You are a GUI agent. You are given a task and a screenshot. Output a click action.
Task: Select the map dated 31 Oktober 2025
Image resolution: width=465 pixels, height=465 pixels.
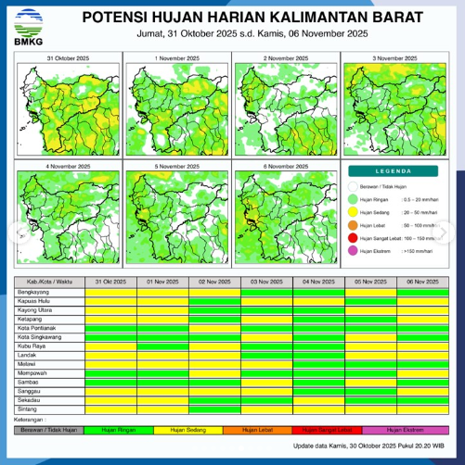point(65,109)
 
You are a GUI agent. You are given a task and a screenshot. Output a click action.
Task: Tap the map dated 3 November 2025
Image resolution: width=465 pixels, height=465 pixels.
point(395,109)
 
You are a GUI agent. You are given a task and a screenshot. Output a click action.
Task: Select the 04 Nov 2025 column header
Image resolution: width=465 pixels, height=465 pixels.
point(318,282)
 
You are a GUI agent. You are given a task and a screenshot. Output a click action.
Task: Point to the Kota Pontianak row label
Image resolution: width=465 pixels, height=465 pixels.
point(37,328)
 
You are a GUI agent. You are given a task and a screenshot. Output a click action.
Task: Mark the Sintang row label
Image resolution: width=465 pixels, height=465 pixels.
point(27,408)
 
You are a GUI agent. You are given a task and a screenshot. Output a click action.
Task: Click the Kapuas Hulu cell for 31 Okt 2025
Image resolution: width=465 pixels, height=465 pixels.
point(110,301)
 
